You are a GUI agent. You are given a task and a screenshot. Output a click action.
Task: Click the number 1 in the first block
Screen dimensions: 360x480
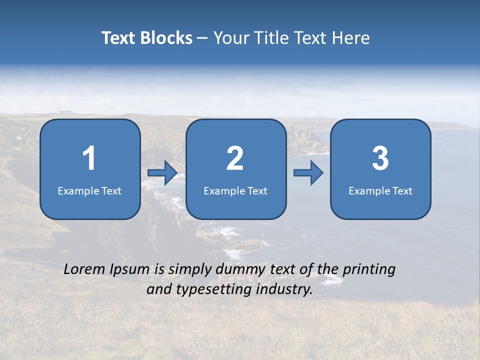coord(89,158)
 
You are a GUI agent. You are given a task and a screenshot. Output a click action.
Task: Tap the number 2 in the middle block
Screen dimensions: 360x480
coord(235,158)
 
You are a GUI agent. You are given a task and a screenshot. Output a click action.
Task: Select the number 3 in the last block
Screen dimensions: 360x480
coord(380,158)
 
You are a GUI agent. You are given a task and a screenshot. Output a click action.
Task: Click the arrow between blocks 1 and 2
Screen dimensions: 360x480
coord(162,173)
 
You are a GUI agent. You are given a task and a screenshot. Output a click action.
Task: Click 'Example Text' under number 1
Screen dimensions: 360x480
coord(89,190)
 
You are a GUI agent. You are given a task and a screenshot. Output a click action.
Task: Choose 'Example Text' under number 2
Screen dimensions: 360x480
coord(235,190)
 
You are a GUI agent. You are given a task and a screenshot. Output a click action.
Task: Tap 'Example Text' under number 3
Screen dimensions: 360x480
coord(380,190)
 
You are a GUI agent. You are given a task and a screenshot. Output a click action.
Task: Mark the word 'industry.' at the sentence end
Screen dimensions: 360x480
coord(284,289)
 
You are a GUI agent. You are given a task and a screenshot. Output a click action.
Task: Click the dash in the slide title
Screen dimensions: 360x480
coord(202,38)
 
